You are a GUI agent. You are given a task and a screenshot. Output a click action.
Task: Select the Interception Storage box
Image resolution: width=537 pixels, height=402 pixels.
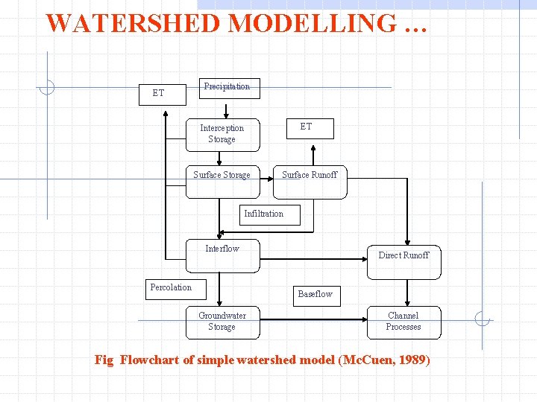point(222,134)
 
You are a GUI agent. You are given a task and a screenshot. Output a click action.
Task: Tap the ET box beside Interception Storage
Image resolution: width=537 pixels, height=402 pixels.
point(307,128)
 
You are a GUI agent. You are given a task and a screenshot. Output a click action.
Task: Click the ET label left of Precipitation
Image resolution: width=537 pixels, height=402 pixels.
point(158,93)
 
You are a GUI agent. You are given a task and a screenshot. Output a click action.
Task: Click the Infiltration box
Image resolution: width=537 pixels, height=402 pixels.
point(263,214)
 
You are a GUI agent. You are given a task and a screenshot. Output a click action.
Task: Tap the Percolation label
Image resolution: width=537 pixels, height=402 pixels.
point(171,287)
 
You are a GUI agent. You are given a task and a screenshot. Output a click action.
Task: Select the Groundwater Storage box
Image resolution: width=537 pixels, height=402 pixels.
point(222,322)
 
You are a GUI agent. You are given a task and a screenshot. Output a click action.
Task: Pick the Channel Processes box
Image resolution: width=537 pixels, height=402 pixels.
point(403,322)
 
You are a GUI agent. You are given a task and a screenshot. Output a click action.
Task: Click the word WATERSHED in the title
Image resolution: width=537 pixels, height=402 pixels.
point(134,23)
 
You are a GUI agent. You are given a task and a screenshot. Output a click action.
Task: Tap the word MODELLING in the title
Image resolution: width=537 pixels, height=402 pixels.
point(313,23)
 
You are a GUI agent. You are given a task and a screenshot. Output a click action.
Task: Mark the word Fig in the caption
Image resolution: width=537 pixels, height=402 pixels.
point(104,360)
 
